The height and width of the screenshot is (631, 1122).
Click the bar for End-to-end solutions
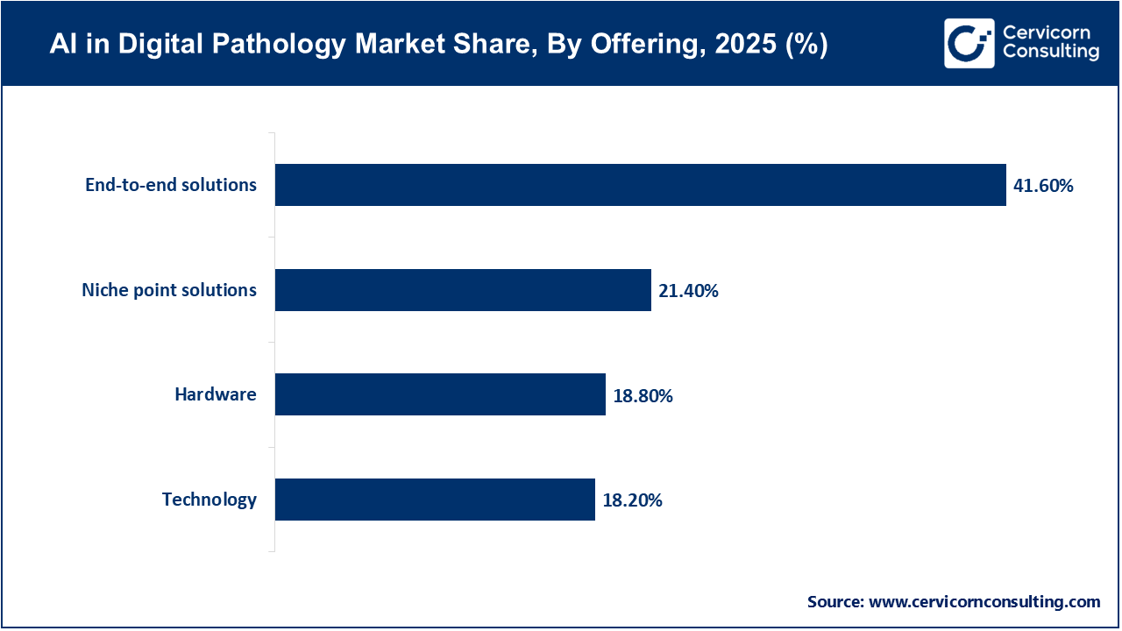(640, 185)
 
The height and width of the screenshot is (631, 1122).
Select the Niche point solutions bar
(463, 290)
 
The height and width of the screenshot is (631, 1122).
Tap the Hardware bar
(440, 394)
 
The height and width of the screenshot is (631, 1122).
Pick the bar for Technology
(435, 500)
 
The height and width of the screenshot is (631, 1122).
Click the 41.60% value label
(1043, 185)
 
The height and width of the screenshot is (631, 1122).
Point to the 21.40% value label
(688, 290)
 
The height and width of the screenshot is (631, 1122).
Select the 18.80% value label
(643, 395)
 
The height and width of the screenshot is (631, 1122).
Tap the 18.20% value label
(632, 500)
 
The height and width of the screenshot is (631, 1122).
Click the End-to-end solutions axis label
(171, 185)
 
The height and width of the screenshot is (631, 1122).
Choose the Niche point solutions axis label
(169, 290)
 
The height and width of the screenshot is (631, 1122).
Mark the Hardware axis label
(216, 394)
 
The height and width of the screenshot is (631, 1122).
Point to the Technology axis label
(209, 500)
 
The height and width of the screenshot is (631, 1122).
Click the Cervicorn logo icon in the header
(969, 43)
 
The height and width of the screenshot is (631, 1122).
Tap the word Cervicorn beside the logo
(1047, 32)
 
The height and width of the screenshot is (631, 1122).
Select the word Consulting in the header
(1050, 53)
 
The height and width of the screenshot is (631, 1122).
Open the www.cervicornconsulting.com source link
(984, 602)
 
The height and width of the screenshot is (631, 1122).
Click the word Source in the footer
(834, 602)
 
